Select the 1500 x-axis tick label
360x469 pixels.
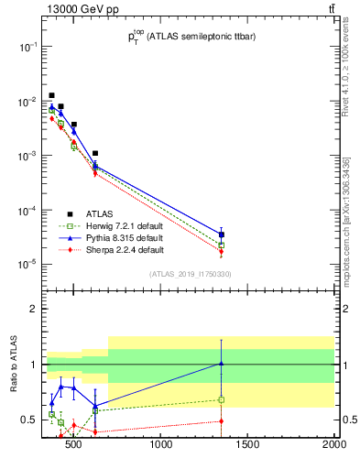point(247,446)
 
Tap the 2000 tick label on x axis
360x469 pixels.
point(333,446)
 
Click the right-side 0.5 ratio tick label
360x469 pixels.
point(349,420)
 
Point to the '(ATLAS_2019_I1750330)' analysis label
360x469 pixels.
point(190,274)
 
